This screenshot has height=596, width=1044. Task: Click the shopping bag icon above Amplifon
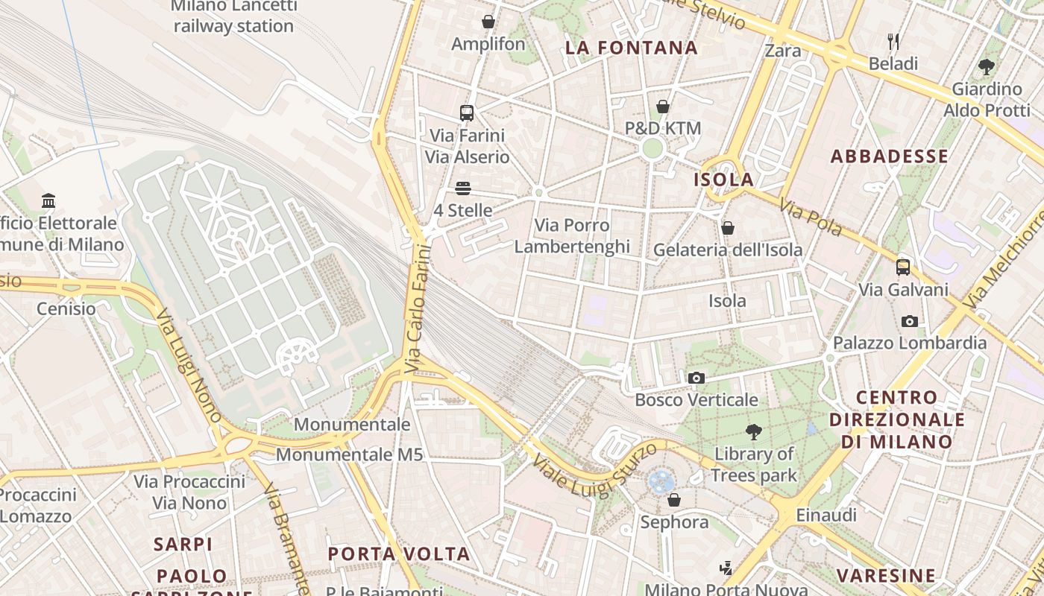(488, 22)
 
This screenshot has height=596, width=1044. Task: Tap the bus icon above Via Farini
(467, 113)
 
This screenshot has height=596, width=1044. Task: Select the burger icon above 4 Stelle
(463, 188)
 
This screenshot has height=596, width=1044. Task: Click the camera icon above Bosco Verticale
(696, 378)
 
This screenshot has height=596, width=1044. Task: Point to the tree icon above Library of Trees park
(754, 431)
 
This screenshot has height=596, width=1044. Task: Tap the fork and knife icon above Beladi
(893, 41)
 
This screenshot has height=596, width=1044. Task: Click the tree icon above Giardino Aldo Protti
(987, 67)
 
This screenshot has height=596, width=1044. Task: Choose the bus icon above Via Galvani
(903, 267)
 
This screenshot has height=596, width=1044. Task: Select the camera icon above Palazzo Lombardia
(910, 321)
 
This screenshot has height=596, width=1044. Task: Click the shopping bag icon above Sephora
(674, 500)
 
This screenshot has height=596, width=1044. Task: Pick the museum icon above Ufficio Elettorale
(49, 200)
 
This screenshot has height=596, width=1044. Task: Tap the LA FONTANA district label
(632, 48)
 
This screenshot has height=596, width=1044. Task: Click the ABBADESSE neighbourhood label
(890, 156)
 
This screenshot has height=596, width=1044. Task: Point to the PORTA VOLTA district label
(399, 554)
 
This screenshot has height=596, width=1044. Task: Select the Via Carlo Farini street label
(418, 309)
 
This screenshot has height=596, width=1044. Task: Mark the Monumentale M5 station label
(349, 454)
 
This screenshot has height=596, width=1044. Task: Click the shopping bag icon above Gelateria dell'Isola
(728, 228)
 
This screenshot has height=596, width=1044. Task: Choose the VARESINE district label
(886, 576)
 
